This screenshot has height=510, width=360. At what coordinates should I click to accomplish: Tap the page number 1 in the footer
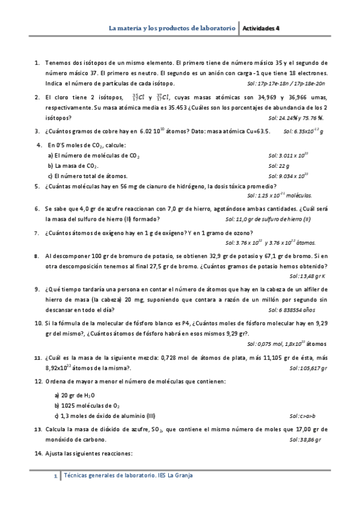pyautogui.click(x=55, y=476)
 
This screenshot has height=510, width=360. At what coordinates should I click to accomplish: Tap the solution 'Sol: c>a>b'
pyautogui.click(x=302, y=416)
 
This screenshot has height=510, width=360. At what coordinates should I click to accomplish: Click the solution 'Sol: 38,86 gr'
pyautogui.click(x=305, y=440)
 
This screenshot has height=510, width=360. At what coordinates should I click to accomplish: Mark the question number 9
pyautogui.click(x=37, y=288)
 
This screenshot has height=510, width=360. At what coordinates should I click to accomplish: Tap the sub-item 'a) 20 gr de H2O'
pyautogui.click(x=73, y=395)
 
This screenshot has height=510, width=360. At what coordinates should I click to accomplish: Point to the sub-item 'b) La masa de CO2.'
pyautogui.click(x=74, y=165)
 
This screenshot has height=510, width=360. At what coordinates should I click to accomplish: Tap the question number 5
pyautogui.click(x=37, y=186)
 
